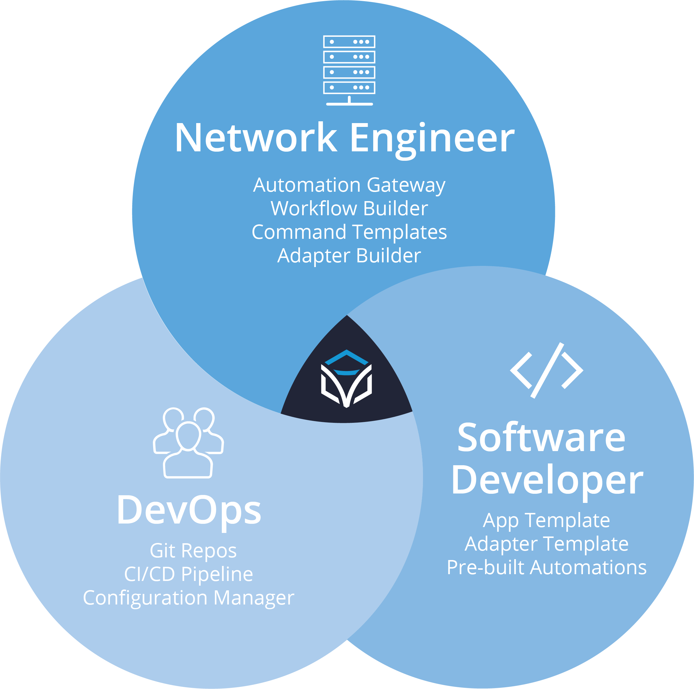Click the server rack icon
pos(349,70)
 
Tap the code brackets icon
pos(546,370)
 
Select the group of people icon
pos(188,443)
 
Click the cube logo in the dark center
pos(346,379)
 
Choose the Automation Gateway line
pos(349,185)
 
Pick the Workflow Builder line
pos(349,208)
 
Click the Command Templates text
pos(349,232)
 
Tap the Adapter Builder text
pos(349,256)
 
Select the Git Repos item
pos(193,551)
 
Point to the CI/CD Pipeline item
pos(189,574)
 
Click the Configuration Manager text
pos(189,598)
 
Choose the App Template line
pos(546,521)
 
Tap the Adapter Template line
pos(546,544)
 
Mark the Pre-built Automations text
pos(546,567)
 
